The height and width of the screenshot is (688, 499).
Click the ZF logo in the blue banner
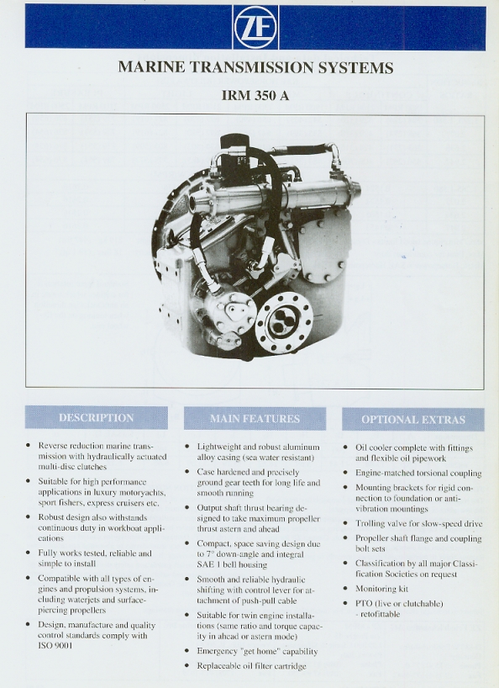[x=255, y=26]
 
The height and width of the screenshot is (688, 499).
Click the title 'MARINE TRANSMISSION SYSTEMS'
[x=255, y=67]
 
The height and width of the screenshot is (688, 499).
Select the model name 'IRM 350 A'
[x=255, y=95]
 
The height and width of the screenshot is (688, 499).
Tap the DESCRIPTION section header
[x=97, y=417]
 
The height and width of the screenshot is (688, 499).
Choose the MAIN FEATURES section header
[x=255, y=419]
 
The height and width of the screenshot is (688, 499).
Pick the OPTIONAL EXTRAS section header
[x=413, y=420]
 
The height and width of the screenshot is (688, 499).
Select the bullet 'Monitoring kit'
[x=381, y=589]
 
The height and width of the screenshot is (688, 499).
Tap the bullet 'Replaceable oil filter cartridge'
[x=251, y=665]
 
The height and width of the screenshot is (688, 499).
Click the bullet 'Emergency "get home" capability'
[x=257, y=651]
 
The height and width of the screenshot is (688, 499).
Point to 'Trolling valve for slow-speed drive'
[x=419, y=523]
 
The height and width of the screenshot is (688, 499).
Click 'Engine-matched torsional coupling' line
[x=418, y=473]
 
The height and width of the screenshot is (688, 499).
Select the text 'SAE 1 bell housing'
[x=232, y=564]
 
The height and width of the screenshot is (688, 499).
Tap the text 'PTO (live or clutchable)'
[x=399, y=603]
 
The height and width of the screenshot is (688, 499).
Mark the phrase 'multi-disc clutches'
[x=72, y=467]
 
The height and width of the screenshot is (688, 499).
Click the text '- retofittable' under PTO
[x=380, y=614]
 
